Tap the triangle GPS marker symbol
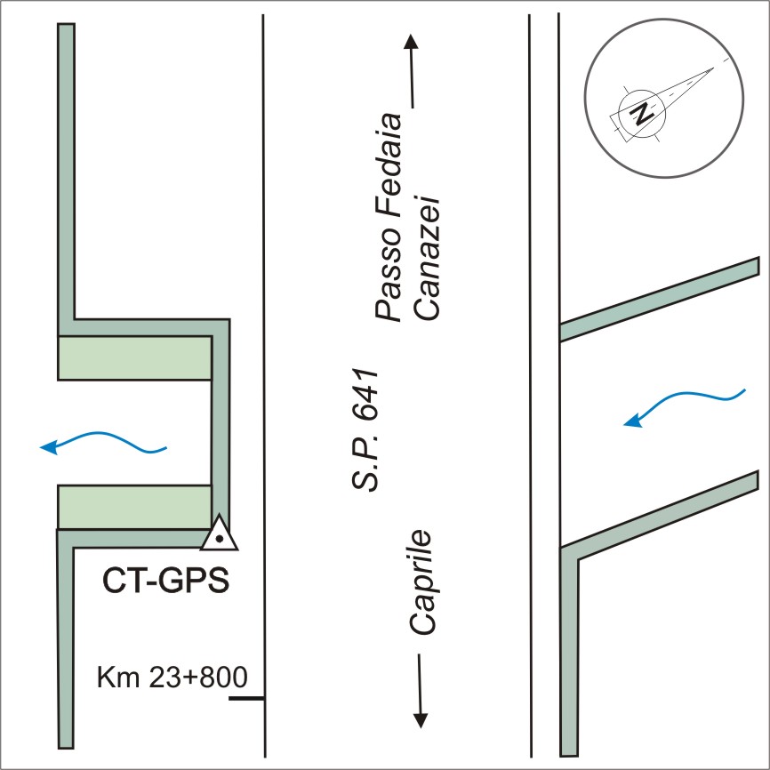tap(218, 534)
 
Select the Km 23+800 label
tap(171, 678)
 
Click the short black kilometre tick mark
tap(246, 699)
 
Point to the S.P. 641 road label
tap(365, 428)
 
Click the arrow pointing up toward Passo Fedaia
tap(410, 71)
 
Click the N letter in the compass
tap(641, 115)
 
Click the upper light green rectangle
tap(134, 358)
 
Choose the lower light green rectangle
tap(134, 507)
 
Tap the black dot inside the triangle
tap(218, 537)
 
